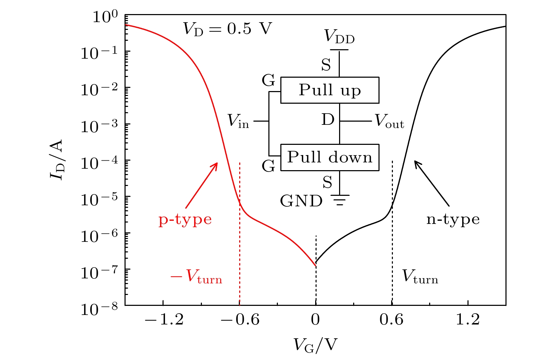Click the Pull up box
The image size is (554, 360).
330,90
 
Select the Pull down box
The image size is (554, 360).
330,157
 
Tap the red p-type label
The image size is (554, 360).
185,220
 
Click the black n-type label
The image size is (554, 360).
453,219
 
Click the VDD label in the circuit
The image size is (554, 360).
339,36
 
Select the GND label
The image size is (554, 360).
301,201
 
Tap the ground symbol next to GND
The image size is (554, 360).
339,200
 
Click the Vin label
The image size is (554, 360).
238,121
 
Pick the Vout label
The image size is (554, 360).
389,121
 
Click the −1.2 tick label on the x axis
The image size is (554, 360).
164,320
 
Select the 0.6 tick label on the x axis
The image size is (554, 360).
391,320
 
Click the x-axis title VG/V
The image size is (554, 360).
315,346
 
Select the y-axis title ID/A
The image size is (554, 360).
57,160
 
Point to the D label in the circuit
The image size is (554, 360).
328,120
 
